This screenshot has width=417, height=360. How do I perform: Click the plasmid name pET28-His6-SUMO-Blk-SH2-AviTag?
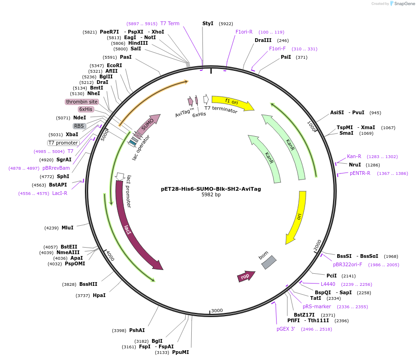pos(211,189)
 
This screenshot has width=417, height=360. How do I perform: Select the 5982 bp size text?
pos(211,195)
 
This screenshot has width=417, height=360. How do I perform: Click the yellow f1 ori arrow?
pos(232,103)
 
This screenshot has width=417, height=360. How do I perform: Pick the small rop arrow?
pos(246,276)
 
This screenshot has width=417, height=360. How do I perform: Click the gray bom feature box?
pos(269,262)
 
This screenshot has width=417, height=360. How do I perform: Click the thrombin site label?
pos(82,102)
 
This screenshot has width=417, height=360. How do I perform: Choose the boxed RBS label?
pos(79,126)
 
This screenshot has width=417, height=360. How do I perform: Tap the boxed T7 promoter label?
pos(63,143)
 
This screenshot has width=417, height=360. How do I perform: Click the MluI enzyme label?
pos(67,228)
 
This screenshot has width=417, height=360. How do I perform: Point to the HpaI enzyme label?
pos(99,295)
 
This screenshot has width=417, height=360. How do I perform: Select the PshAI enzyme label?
pos(137,330)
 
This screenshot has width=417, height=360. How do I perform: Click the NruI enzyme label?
pos(355,165)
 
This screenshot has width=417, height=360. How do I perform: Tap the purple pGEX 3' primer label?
pos(285,329)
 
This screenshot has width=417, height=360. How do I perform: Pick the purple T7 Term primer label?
pos(170,23)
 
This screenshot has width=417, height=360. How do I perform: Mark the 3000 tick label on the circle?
pos(217,311)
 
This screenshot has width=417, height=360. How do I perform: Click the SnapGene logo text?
pos(404,4)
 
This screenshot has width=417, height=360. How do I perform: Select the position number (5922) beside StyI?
pos(226,23)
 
